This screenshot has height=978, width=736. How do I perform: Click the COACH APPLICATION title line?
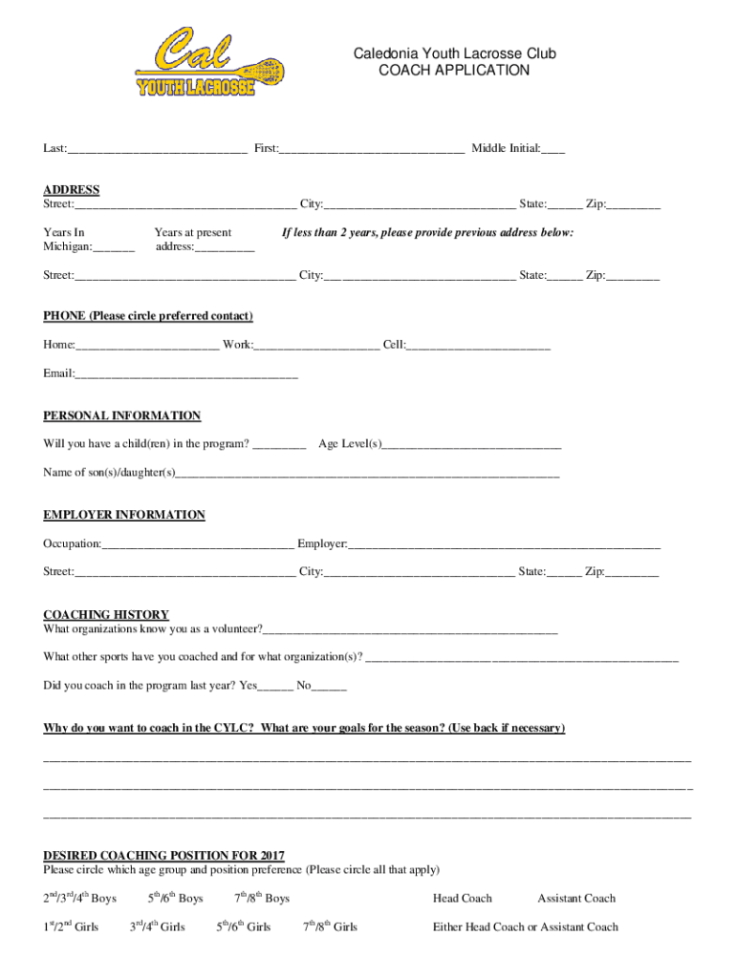tap(454, 71)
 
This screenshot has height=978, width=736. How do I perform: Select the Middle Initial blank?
tap(553, 150)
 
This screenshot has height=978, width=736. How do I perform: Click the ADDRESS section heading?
tap(72, 190)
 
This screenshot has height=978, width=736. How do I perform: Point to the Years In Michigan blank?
tap(115, 248)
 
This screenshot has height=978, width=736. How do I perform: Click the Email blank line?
tap(186, 373)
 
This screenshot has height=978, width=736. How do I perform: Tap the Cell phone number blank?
tap(479, 345)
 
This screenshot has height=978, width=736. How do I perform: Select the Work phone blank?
tap(316, 345)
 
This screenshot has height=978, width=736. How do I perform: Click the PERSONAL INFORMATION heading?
tap(122, 415)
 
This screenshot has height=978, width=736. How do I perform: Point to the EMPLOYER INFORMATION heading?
tap(124, 515)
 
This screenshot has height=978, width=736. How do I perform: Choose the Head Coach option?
tap(463, 898)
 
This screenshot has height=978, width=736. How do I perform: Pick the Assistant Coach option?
tap(576, 898)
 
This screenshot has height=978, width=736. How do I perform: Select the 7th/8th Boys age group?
tap(262, 898)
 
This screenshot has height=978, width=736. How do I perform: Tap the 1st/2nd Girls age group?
tap(71, 926)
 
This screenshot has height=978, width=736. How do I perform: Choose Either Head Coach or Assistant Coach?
tap(526, 926)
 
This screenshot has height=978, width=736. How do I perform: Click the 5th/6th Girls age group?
tap(243, 926)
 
